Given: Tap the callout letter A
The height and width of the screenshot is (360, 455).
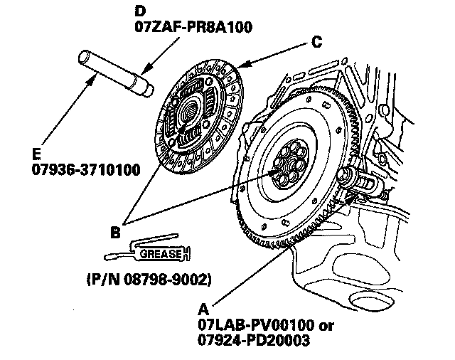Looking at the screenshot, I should [203, 310].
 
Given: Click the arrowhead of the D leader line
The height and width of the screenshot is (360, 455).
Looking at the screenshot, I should [142, 72].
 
